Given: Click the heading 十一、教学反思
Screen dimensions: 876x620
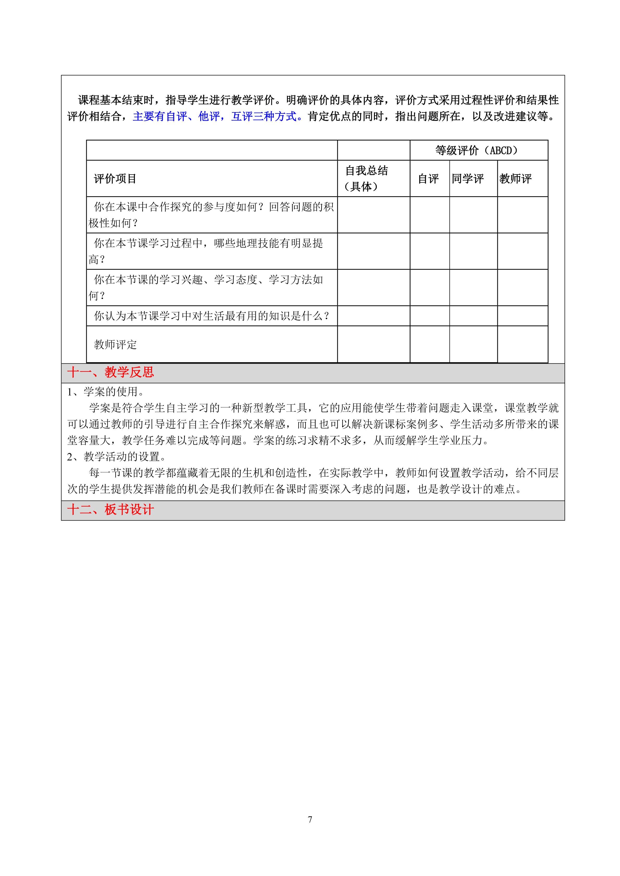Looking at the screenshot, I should point(111,372).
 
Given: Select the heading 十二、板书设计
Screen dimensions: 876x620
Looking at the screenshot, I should point(111,510).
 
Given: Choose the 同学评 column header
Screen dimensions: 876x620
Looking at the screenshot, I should point(468,178).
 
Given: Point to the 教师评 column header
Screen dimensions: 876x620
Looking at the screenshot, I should point(516,178).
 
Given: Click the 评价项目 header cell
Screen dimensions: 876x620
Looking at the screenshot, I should point(115,178).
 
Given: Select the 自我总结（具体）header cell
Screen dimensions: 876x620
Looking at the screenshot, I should point(366,178).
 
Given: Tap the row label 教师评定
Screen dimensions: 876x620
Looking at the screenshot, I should point(115,344).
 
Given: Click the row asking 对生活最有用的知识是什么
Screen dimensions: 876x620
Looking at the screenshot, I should point(211,316).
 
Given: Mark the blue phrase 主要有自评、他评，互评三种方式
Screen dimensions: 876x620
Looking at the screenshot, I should point(215,116).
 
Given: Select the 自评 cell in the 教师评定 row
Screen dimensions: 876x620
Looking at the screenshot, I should point(429,344).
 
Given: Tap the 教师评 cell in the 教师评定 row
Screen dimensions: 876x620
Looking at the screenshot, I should point(522,344).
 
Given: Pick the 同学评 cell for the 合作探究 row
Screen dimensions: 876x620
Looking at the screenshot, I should point(473,215).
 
